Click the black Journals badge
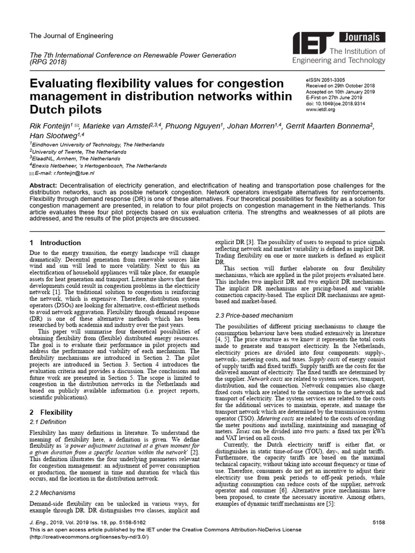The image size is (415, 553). click(362, 38)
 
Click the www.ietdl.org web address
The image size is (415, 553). click(320, 110)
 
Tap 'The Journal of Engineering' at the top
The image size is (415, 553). click(71, 36)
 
